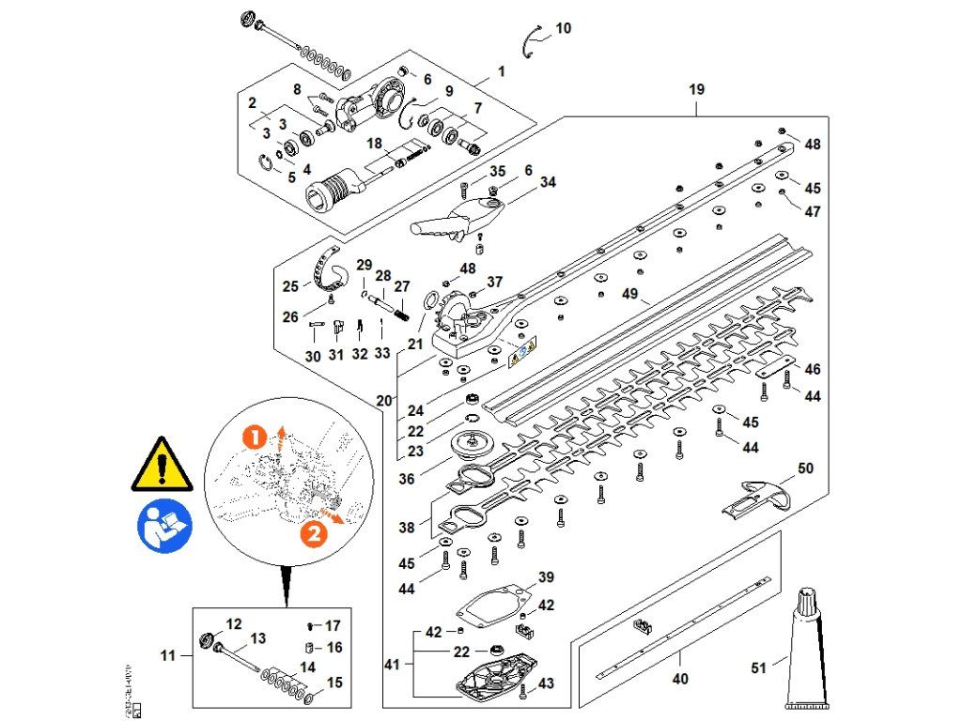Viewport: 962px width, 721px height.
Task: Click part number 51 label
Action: tap(759, 668)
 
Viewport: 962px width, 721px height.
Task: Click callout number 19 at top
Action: tap(696, 90)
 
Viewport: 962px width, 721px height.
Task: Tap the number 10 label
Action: tap(563, 29)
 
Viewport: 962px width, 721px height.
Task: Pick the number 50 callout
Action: tap(805, 468)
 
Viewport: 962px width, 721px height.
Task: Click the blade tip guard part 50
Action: tap(756, 497)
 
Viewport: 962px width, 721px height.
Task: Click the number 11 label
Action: tap(167, 655)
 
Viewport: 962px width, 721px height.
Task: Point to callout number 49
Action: tap(628, 294)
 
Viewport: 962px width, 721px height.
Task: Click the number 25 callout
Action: tap(291, 285)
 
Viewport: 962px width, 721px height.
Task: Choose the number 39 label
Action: tap(546, 576)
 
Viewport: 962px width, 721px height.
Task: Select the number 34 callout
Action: tap(548, 182)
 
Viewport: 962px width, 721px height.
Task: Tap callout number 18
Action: tap(374, 144)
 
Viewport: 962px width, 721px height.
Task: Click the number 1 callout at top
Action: tap(502, 71)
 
